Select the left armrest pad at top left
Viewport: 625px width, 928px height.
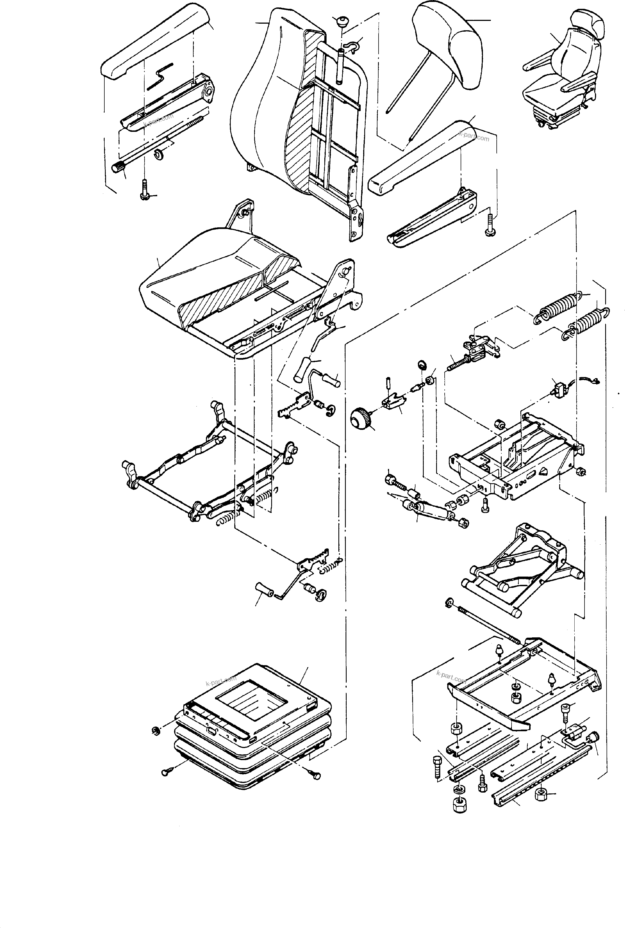pos(156,44)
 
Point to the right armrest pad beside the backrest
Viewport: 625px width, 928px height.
pos(419,157)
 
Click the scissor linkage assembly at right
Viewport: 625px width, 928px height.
pos(522,566)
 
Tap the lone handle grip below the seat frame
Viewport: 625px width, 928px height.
pos(263,589)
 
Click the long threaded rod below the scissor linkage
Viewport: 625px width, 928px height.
pos(486,624)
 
